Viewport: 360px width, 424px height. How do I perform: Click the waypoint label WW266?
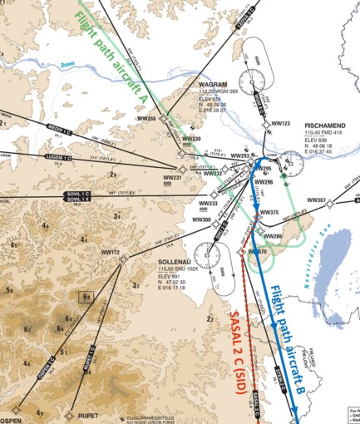click(x=146, y=118)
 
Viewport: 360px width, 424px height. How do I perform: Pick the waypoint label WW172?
click(x=111, y=252)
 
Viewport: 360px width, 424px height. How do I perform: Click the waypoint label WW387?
click(x=317, y=200)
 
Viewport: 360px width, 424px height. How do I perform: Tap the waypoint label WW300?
click(x=201, y=219)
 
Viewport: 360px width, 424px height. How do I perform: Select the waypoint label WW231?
click(x=172, y=177)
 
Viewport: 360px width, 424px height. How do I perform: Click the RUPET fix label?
click(x=87, y=414)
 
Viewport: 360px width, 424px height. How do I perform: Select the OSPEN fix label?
click(x=10, y=411)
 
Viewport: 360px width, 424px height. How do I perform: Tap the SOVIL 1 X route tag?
click(x=77, y=200)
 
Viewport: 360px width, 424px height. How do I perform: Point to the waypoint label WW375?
click(x=269, y=213)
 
